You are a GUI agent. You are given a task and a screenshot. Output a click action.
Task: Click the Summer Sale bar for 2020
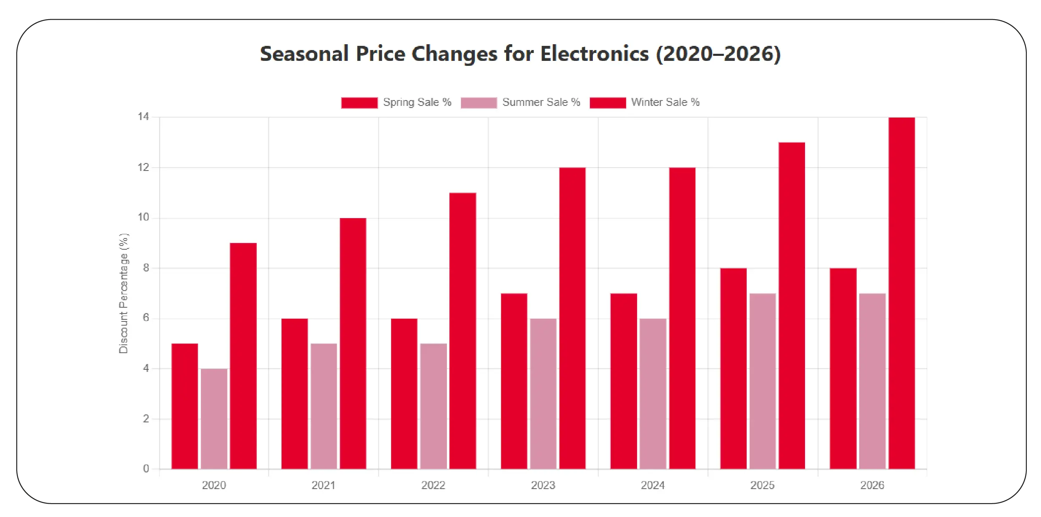(214, 419)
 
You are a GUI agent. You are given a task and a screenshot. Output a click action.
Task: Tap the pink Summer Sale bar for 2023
(543, 394)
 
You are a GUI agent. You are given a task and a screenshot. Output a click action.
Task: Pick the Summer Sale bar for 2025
(762, 381)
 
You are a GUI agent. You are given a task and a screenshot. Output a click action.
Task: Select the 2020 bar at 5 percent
(185, 406)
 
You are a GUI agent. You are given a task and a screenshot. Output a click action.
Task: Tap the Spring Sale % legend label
(417, 102)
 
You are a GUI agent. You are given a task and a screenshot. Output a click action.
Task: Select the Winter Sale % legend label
(665, 102)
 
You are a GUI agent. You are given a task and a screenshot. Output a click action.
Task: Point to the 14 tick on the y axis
(143, 117)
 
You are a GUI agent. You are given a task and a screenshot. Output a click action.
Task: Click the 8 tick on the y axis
(146, 268)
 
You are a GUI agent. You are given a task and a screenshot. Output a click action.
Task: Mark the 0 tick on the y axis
(146, 469)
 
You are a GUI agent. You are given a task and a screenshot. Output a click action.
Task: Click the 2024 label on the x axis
(652, 485)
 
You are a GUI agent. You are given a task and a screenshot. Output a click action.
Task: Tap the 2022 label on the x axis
(433, 485)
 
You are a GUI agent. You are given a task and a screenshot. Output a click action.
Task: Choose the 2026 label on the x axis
(872, 485)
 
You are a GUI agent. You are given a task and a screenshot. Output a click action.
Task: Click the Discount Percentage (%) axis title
(124, 293)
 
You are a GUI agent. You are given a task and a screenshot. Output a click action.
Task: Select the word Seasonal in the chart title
(304, 54)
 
